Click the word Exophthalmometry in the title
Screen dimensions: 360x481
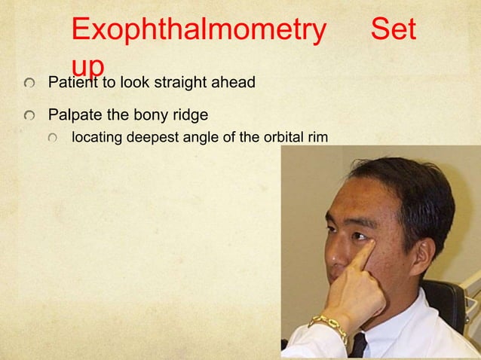click(x=199, y=31)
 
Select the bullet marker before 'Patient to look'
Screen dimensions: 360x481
click(x=28, y=82)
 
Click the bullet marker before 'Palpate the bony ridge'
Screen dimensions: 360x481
click(x=28, y=117)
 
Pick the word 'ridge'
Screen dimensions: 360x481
click(x=190, y=117)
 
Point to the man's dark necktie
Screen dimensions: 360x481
click(x=359, y=346)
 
